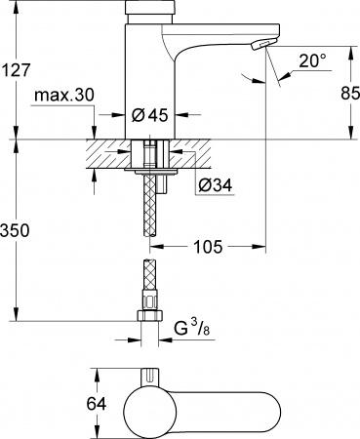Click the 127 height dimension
(x=17, y=70)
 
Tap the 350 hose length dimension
(x=17, y=232)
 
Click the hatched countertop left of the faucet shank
(x=107, y=152)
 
